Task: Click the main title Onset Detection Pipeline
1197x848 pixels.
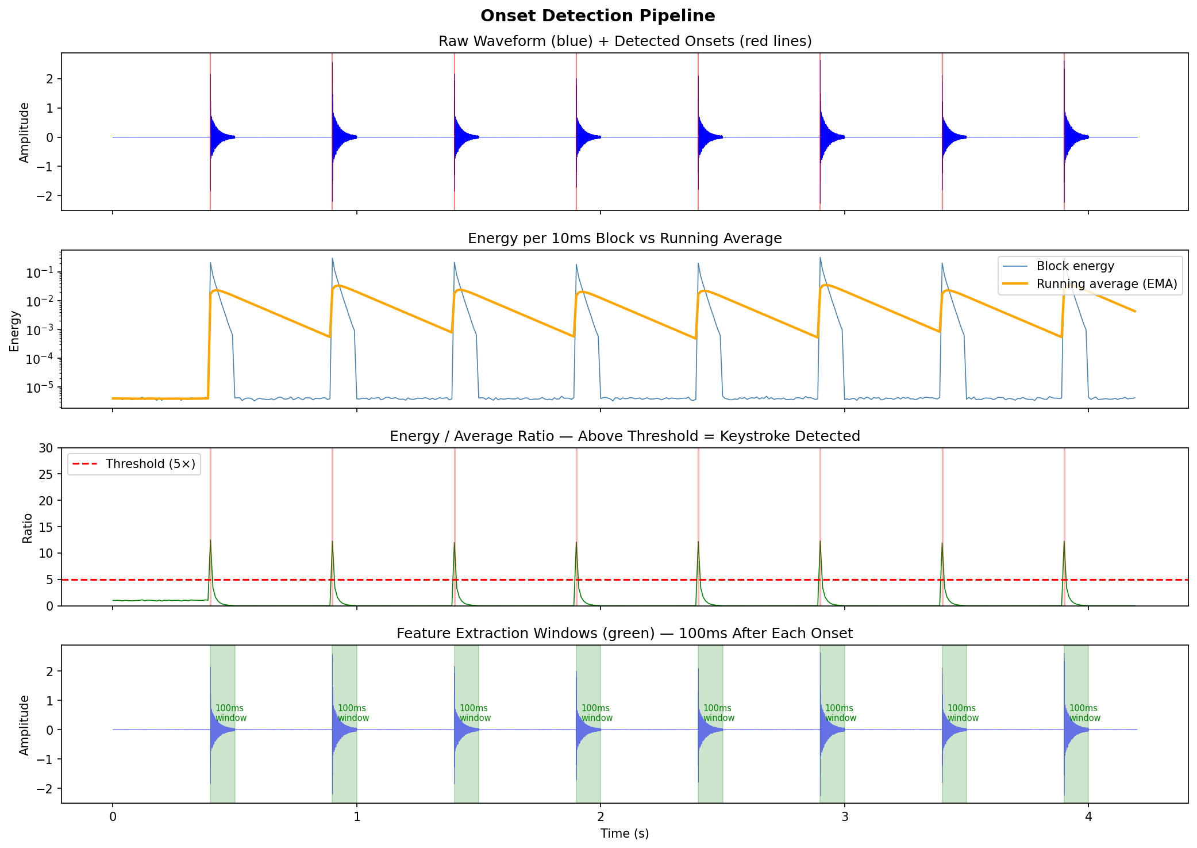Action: click(598, 16)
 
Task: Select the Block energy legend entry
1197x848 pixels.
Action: click(1075, 266)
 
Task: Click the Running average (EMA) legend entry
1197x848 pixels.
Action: click(1106, 284)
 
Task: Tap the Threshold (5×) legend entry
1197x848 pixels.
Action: click(150, 464)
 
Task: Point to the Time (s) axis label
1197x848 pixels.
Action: click(624, 834)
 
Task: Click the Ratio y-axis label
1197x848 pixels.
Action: click(27, 528)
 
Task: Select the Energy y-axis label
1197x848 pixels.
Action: click(14, 331)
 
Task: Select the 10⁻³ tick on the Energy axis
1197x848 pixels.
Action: click(41, 330)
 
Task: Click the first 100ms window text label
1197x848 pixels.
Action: click(230, 713)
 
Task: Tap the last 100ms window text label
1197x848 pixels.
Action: click(1084, 713)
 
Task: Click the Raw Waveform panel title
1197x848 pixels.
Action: click(625, 41)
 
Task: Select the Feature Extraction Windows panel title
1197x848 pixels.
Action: click(624, 634)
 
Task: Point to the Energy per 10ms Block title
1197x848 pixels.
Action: click(624, 239)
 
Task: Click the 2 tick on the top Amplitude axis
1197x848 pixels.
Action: click(51, 79)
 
